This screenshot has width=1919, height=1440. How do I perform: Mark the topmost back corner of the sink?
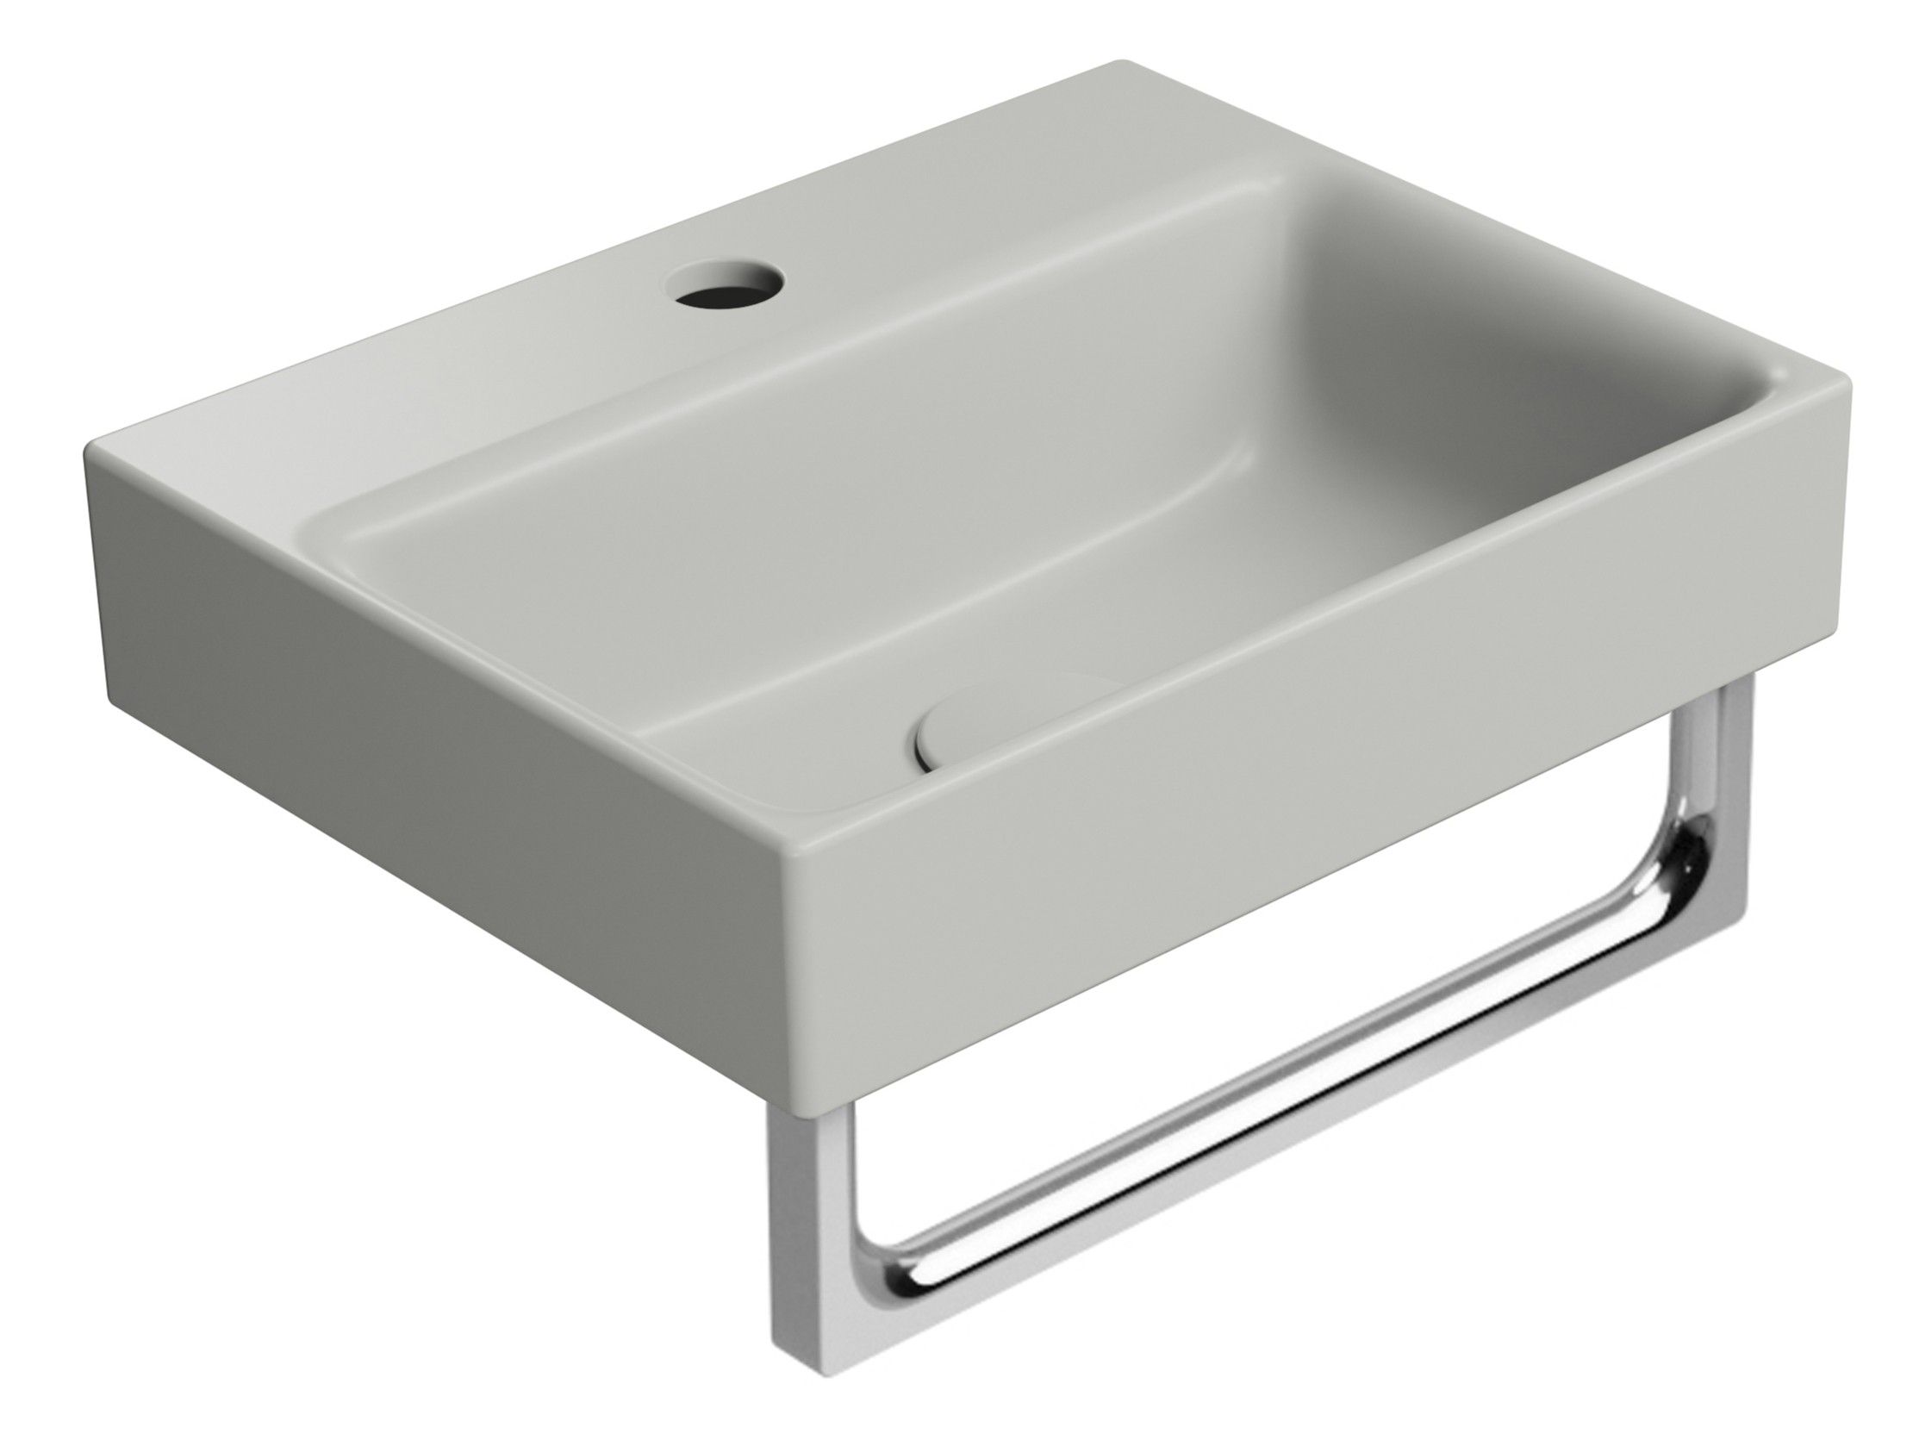[1119, 65]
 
